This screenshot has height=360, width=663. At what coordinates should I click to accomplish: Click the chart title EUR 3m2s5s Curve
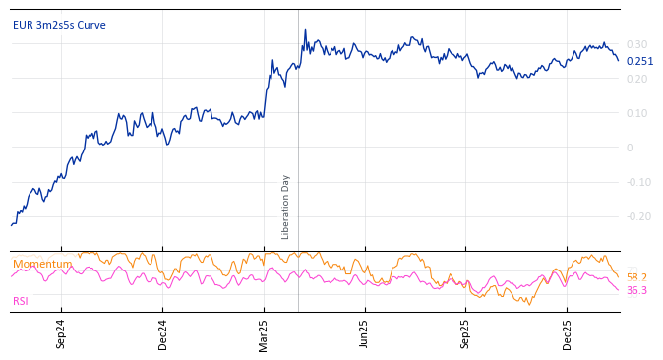tap(59, 26)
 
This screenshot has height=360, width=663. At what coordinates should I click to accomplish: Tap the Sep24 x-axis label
tap(61, 333)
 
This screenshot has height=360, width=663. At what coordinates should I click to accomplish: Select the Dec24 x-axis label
tap(163, 333)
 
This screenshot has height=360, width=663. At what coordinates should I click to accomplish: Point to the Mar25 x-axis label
tap(264, 333)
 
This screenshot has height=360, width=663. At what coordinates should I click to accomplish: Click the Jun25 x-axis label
tap(364, 333)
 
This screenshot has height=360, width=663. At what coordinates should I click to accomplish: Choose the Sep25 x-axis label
tap(466, 333)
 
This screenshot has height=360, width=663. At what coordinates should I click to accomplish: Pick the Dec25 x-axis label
tap(568, 333)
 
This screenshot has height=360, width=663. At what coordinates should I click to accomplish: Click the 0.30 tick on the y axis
tap(636, 44)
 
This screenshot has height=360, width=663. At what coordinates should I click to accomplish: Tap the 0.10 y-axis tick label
tap(636, 113)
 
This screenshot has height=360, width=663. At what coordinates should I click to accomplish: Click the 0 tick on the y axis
tap(630, 148)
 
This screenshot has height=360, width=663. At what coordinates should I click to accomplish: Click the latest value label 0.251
tap(639, 61)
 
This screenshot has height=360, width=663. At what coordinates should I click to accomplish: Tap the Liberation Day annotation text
tap(286, 207)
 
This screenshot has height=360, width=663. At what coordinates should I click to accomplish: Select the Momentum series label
tap(41, 264)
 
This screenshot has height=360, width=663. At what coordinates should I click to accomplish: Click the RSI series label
tap(21, 301)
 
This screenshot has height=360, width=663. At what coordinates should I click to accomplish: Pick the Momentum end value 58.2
tap(636, 278)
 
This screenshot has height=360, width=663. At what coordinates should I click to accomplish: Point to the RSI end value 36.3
tap(636, 290)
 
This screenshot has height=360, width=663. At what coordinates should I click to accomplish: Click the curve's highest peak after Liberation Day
tap(305, 30)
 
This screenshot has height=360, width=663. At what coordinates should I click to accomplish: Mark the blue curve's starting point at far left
tap(12, 225)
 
